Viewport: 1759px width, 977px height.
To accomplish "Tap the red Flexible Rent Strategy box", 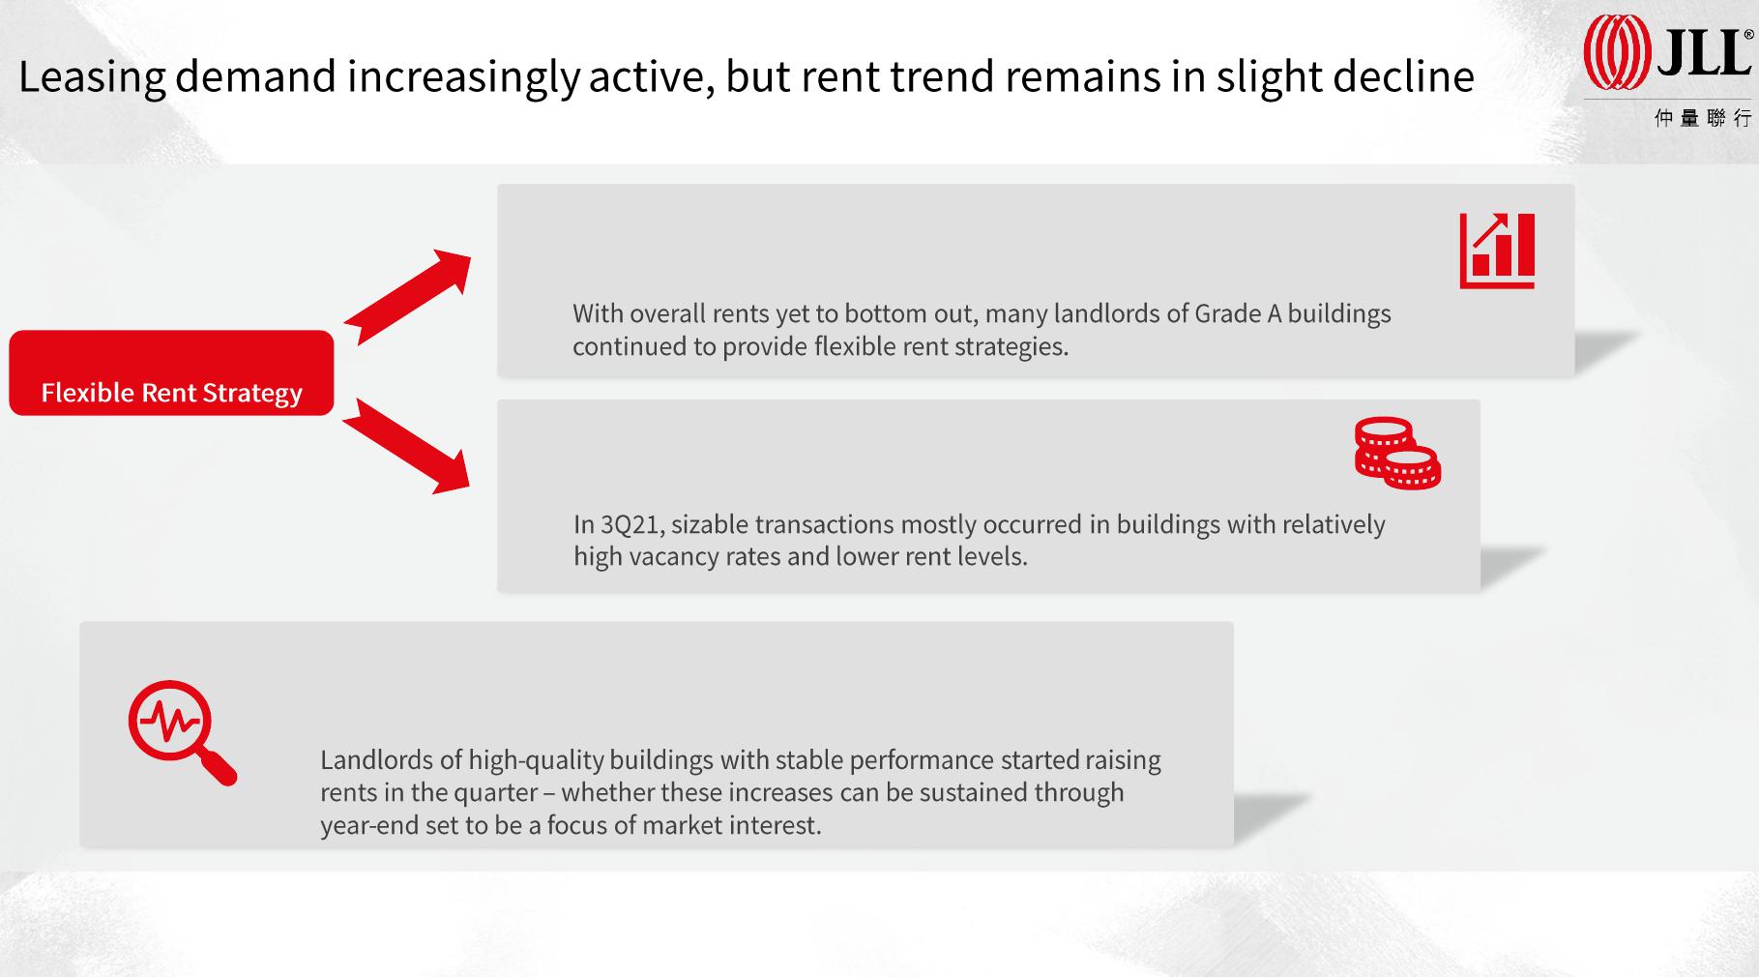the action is (x=171, y=372).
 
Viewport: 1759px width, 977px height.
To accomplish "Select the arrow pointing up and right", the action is (x=407, y=297).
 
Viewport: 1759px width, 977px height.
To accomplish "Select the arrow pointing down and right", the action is (x=406, y=446).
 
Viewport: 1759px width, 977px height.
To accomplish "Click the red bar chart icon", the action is (x=1497, y=251).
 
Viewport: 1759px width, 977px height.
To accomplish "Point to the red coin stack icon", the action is (x=1397, y=453).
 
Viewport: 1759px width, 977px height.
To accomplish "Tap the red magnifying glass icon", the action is (x=182, y=732).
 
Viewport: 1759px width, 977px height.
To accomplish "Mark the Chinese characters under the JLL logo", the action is (x=1703, y=118).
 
